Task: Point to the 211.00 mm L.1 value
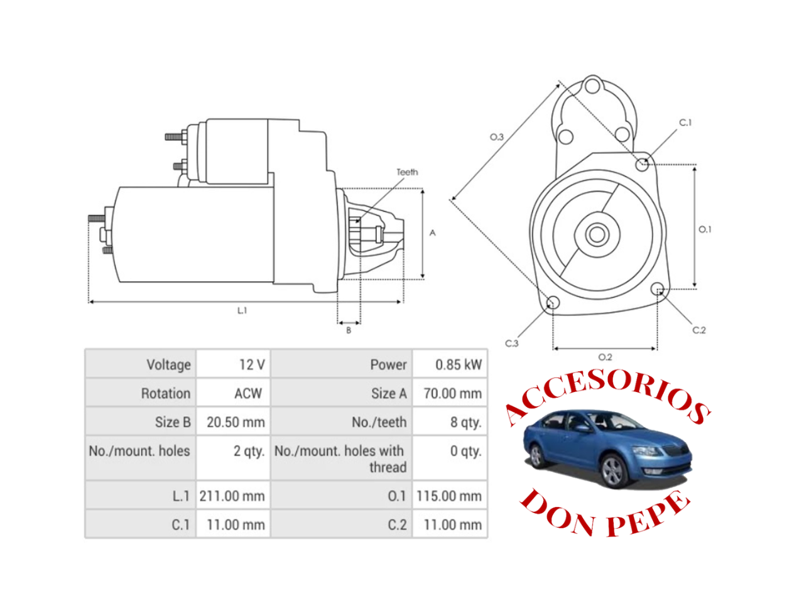232,496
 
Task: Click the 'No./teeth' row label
379,422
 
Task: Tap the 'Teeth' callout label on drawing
407,172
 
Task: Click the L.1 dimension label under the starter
242,310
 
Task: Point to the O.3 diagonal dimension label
497,137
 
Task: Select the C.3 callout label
512,344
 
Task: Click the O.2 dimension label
605,357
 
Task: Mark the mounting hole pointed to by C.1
642,164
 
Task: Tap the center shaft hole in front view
596,235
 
